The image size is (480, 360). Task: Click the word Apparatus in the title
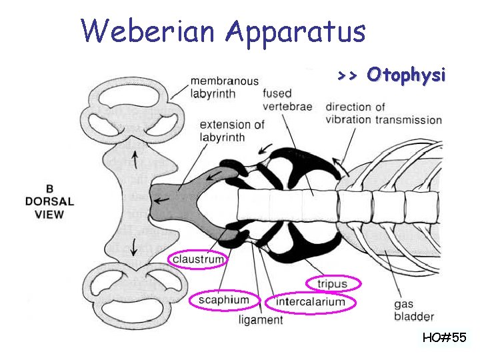tap(295, 32)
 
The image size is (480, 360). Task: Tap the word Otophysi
tap(405, 75)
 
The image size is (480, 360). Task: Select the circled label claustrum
tap(198, 258)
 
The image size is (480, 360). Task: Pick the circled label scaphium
tap(223, 300)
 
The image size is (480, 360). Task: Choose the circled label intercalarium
tap(311, 302)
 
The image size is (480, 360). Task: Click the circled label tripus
tap(332, 284)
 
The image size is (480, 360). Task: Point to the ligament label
tap(261, 320)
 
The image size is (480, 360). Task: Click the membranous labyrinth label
tap(224, 87)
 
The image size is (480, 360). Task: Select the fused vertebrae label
tap(287, 100)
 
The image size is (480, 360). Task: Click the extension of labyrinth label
tap(232, 131)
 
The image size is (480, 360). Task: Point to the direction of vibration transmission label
tap(383, 113)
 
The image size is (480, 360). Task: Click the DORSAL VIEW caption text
tap(49, 207)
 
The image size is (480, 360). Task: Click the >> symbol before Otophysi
tap(347, 75)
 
